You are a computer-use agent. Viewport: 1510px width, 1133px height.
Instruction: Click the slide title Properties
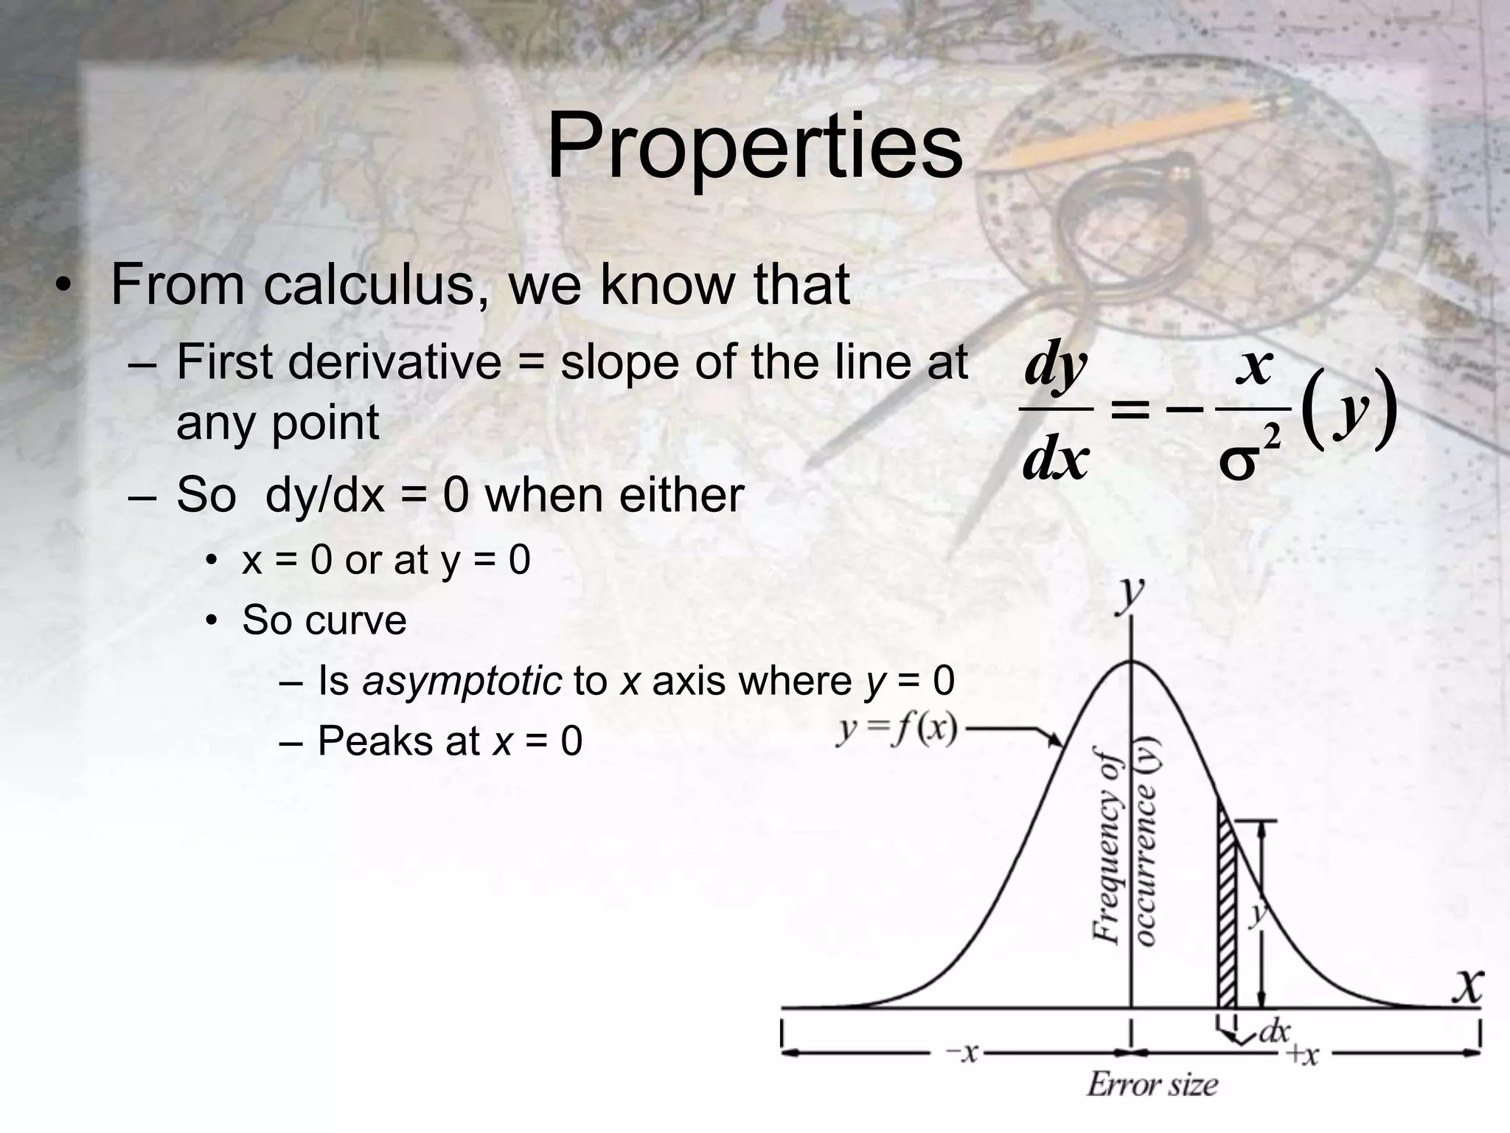754,148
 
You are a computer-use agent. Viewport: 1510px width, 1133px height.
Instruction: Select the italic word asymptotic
462,680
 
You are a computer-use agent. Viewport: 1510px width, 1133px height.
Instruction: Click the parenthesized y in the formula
1348,408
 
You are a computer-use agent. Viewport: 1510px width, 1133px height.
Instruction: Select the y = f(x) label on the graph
897,731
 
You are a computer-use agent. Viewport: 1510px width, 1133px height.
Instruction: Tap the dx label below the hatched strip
1273,1030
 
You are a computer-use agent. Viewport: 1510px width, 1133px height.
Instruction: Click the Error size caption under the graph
1152,1084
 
